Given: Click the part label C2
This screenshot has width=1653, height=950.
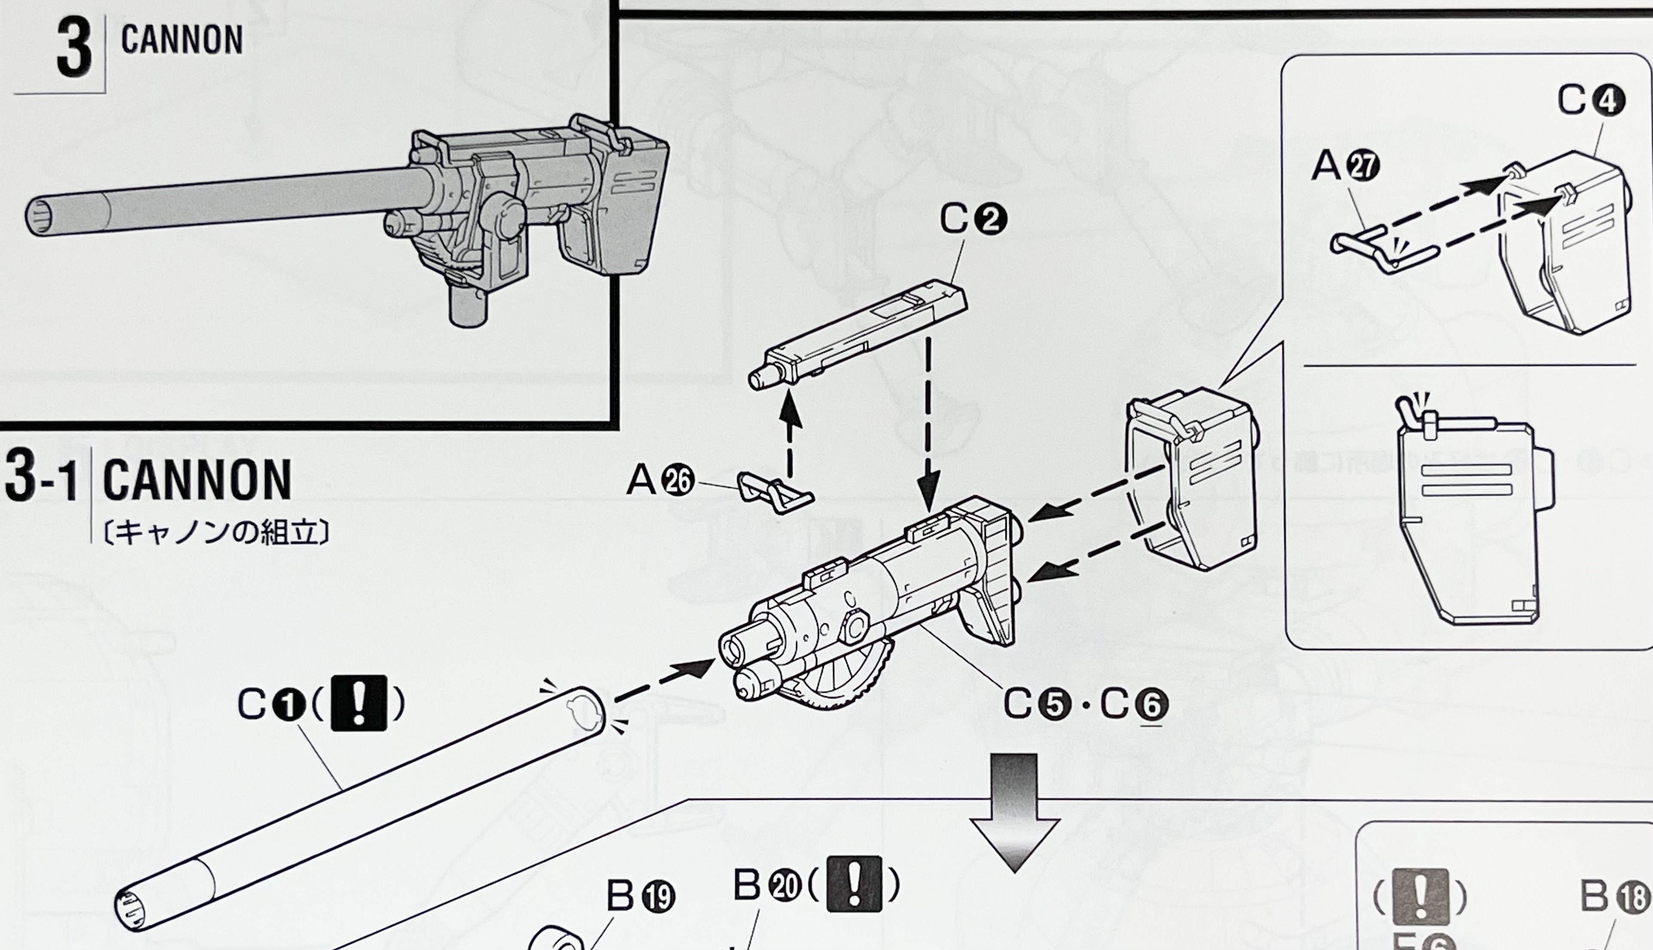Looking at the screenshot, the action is pos(973,220).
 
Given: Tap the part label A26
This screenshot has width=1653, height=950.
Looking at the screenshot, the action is pos(659,481).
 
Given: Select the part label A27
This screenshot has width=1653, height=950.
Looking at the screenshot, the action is pos(1345,166).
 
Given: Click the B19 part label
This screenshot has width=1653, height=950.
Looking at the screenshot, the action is pos(640,897).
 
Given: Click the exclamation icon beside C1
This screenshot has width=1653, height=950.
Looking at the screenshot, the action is pos(359,703).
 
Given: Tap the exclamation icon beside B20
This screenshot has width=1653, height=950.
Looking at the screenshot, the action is pos(854,884).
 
